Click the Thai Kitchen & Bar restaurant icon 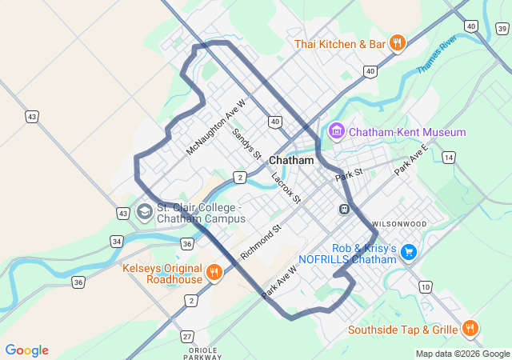398,44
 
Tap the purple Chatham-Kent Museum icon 336,131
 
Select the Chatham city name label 291,160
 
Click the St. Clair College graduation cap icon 145,212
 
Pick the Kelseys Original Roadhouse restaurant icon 214,273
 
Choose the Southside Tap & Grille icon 470,329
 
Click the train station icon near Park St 344,209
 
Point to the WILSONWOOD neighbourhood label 398,224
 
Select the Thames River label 437,54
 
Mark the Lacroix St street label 286,187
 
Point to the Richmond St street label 261,240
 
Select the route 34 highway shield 117,241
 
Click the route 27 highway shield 187,336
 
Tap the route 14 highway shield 449,158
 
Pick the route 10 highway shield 425,287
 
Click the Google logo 26,350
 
